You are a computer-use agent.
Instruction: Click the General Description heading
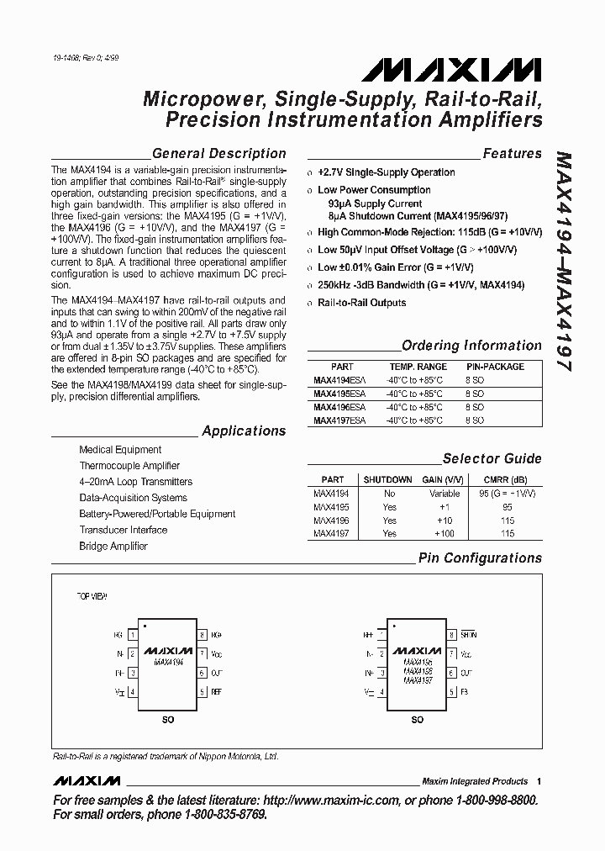[x=218, y=154]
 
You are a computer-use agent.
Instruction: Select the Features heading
[x=512, y=154]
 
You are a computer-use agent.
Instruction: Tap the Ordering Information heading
[x=471, y=346]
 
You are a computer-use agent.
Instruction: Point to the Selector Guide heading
[x=492, y=459]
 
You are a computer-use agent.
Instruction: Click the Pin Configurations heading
[x=480, y=558]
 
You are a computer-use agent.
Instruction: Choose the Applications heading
[x=244, y=431]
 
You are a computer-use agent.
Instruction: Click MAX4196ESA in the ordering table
[x=339, y=406]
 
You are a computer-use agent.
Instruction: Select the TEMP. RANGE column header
[x=418, y=367]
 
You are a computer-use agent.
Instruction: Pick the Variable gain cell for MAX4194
[x=445, y=494]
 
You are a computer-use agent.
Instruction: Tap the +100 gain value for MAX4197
[x=444, y=534]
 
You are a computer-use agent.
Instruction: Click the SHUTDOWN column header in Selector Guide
[x=389, y=479]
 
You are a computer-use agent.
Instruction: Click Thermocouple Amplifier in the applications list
[x=129, y=466]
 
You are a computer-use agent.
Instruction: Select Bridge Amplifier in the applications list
[x=113, y=547]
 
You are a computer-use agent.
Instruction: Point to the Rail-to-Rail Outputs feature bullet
[x=361, y=303]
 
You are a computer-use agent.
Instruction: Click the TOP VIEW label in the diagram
[x=92, y=595]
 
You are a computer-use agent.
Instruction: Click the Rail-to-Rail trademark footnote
[x=165, y=757]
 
